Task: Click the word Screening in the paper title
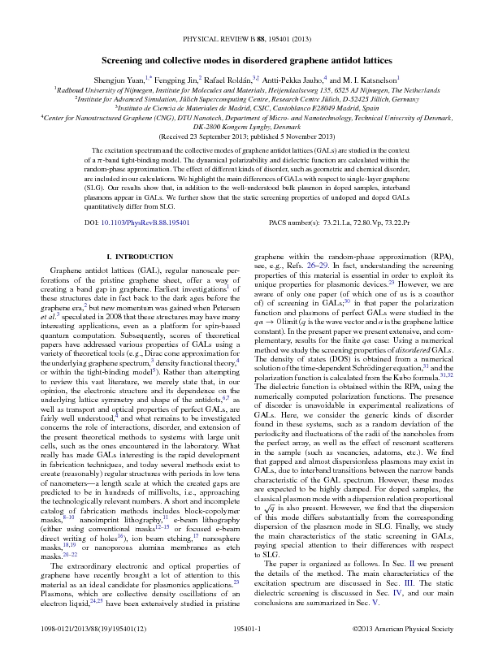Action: pyautogui.click(x=125, y=60)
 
